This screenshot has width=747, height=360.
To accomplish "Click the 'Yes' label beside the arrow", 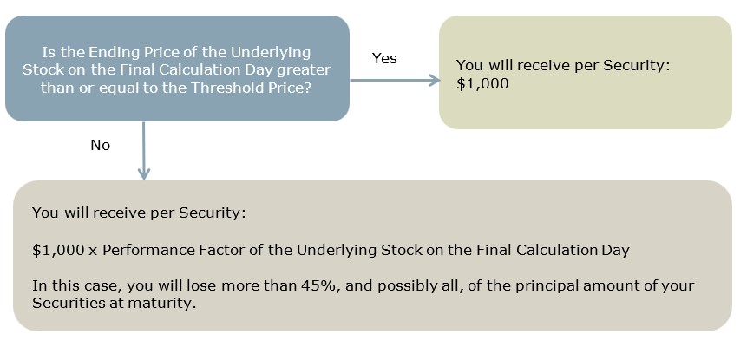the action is click(x=384, y=58).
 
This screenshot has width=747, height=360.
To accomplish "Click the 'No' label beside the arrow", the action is click(x=100, y=145).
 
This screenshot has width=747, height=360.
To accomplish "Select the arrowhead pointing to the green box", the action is click(x=434, y=80).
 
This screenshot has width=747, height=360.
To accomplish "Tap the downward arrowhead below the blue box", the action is click(x=143, y=173).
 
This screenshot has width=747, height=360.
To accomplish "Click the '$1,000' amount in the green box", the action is click(x=482, y=84).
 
